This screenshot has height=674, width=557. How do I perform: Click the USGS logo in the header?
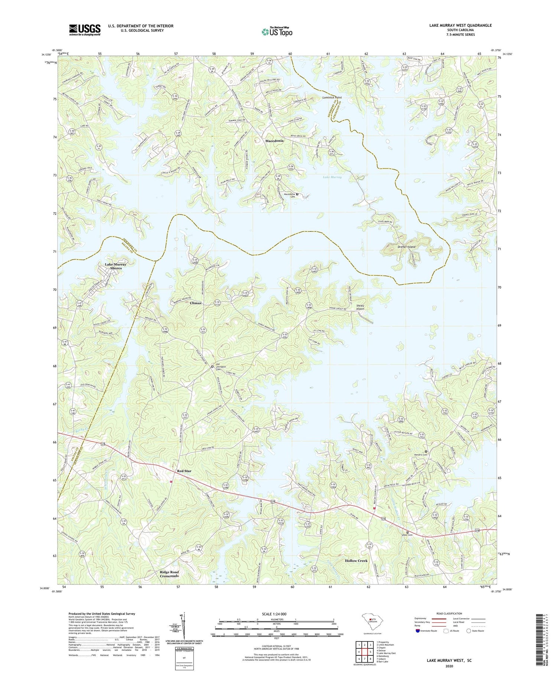tap(85, 30)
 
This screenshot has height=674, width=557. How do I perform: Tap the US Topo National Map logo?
tap(277, 32)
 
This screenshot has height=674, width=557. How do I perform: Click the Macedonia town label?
tap(274, 141)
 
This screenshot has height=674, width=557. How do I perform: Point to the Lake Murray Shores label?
tap(115, 266)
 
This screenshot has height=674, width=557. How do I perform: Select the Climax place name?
tap(196, 303)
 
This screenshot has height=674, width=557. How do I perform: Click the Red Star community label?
tap(184, 471)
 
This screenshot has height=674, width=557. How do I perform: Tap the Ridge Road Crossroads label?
tap(169, 574)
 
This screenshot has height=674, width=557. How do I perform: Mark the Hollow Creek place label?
tap(356, 561)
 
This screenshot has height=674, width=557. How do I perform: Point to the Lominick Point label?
tap(332, 97)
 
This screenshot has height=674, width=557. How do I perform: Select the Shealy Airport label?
tap(360, 307)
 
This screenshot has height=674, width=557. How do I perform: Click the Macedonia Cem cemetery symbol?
tap(297, 194)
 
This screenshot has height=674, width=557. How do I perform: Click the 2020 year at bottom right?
tap(449, 666)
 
